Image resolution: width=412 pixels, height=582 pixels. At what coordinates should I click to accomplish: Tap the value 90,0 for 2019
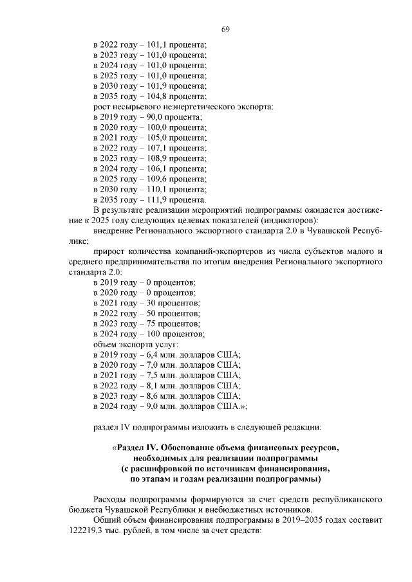(x=155, y=116)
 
